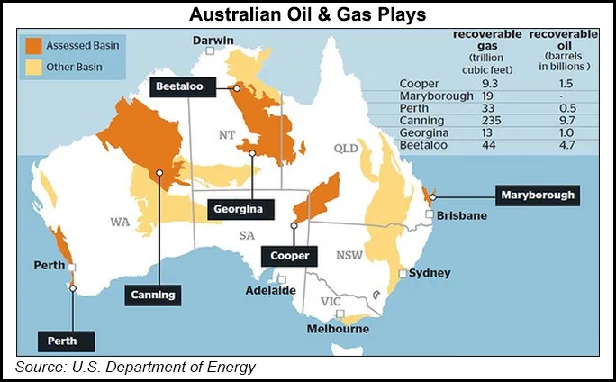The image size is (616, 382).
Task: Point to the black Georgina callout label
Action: (x=238, y=209)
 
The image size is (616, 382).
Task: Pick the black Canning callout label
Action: (x=151, y=294)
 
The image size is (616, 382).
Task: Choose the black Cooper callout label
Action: (x=290, y=255)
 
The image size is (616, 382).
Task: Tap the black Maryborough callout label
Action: (x=537, y=195)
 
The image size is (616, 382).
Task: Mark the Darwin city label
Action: (x=213, y=41)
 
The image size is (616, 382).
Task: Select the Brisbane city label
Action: (x=462, y=216)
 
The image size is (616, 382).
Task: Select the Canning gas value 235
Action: (x=492, y=120)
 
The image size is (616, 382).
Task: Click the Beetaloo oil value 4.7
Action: (x=563, y=143)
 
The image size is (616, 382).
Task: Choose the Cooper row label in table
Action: (x=418, y=83)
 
